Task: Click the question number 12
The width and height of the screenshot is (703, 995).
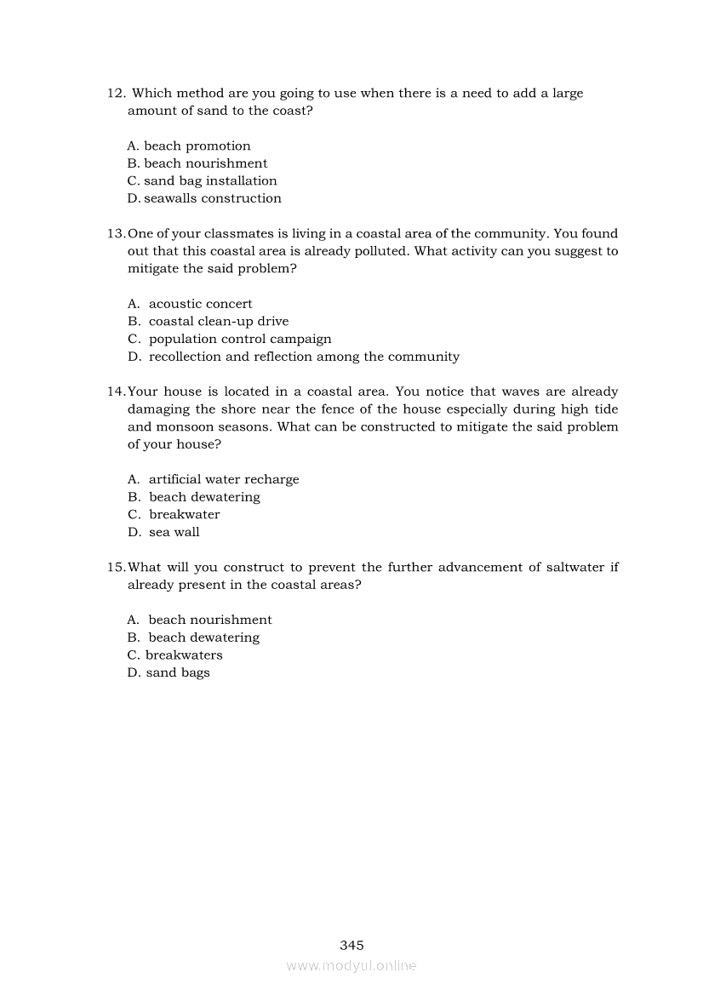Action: [116, 94]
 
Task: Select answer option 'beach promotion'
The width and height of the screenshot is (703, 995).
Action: [197, 146]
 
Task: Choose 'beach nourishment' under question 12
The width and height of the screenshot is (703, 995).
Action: [205, 163]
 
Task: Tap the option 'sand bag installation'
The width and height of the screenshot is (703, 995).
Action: [210, 181]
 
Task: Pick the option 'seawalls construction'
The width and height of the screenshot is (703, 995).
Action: [212, 198]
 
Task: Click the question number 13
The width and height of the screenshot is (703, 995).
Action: [117, 234]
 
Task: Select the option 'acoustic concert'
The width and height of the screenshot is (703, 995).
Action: [200, 304]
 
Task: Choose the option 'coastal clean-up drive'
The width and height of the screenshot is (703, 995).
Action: [218, 322]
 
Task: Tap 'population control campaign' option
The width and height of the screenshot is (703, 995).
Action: [240, 339]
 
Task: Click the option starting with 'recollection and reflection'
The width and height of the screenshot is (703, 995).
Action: [304, 357]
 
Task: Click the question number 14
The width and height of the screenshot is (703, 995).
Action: [117, 392]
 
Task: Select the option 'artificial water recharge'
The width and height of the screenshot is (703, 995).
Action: [224, 479]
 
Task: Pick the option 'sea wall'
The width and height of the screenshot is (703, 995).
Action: [174, 532]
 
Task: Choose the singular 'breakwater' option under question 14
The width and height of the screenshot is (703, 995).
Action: [184, 514]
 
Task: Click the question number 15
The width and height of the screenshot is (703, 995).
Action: [117, 567]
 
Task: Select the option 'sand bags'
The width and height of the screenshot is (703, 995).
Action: [177, 672]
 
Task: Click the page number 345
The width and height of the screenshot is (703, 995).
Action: [351, 945]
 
